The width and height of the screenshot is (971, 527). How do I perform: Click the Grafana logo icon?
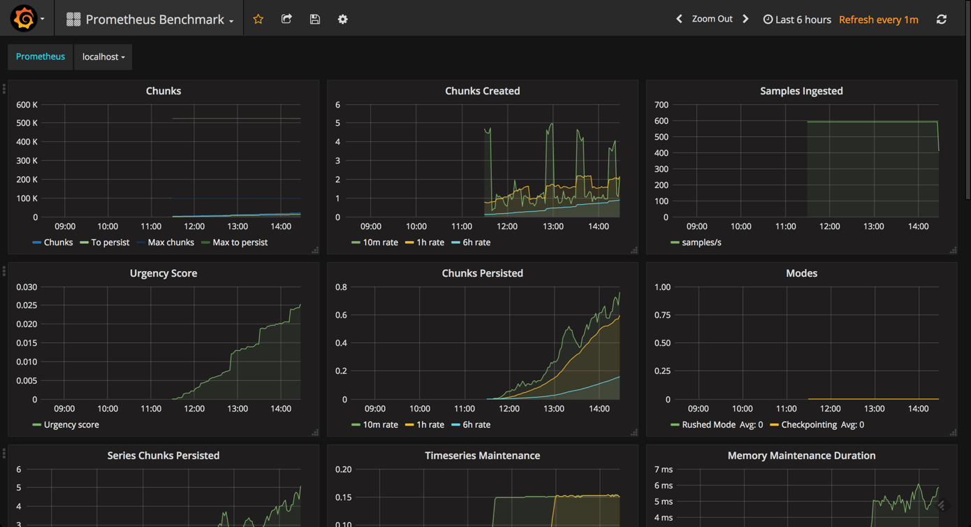click(x=24, y=19)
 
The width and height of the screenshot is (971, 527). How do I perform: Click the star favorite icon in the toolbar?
click(x=258, y=19)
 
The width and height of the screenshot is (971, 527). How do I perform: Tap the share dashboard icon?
click(x=286, y=19)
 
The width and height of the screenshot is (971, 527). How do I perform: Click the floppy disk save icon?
click(x=315, y=19)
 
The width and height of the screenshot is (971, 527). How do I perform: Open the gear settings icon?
click(x=342, y=19)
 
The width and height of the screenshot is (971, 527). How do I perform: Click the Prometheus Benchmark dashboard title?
click(x=154, y=20)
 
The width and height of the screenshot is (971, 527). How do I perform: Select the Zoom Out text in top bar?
click(x=712, y=19)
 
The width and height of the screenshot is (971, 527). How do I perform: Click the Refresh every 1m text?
click(x=878, y=20)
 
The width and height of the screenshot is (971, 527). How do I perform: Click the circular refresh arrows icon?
click(x=941, y=19)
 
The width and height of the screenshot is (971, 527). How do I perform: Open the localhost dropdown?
click(x=103, y=57)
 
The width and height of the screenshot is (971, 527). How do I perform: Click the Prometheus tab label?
click(x=41, y=57)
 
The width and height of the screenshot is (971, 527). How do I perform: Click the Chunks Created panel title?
click(x=482, y=91)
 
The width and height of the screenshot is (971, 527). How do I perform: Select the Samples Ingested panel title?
click(x=801, y=91)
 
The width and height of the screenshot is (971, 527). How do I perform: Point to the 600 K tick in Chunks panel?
click(x=27, y=105)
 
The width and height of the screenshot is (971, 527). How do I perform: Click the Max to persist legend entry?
click(x=240, y=243)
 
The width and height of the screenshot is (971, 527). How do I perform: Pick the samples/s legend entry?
click(x=701, y=243)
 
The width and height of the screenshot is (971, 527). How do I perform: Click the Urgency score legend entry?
click(x=71, y=424)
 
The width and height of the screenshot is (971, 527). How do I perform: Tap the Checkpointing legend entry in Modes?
click(x=808, y=424)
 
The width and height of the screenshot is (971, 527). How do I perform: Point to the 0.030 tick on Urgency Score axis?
click(x=27, y=287)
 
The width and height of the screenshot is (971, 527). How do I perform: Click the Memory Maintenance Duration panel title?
click(x=801, y=456)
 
